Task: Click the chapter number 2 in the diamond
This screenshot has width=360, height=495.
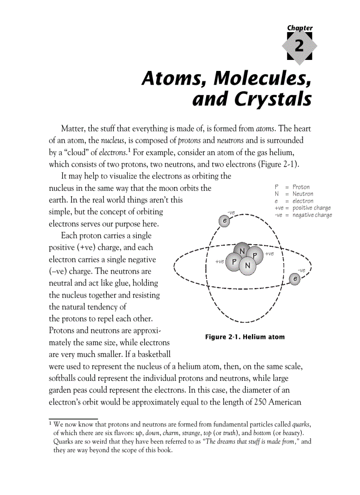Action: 300,46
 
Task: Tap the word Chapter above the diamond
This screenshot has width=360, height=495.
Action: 300,28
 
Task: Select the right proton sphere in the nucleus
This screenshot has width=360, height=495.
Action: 255,254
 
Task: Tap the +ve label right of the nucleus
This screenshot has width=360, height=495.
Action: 270,253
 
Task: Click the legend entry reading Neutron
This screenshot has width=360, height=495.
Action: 303,194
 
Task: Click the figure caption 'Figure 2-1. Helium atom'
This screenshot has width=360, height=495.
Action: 245,337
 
